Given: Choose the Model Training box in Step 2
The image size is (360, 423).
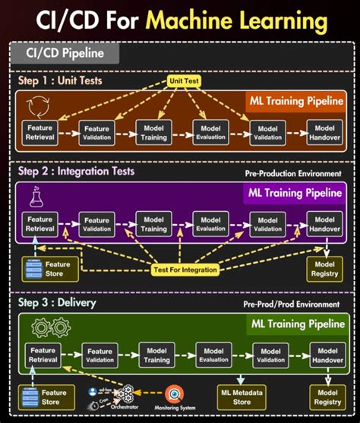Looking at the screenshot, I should tap(154, 223).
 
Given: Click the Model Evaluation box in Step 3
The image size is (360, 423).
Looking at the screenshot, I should tap(213, 355).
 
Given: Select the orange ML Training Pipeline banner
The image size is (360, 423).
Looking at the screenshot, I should tap(297, 100).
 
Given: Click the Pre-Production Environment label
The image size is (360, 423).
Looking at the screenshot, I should tap(292, 174).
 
